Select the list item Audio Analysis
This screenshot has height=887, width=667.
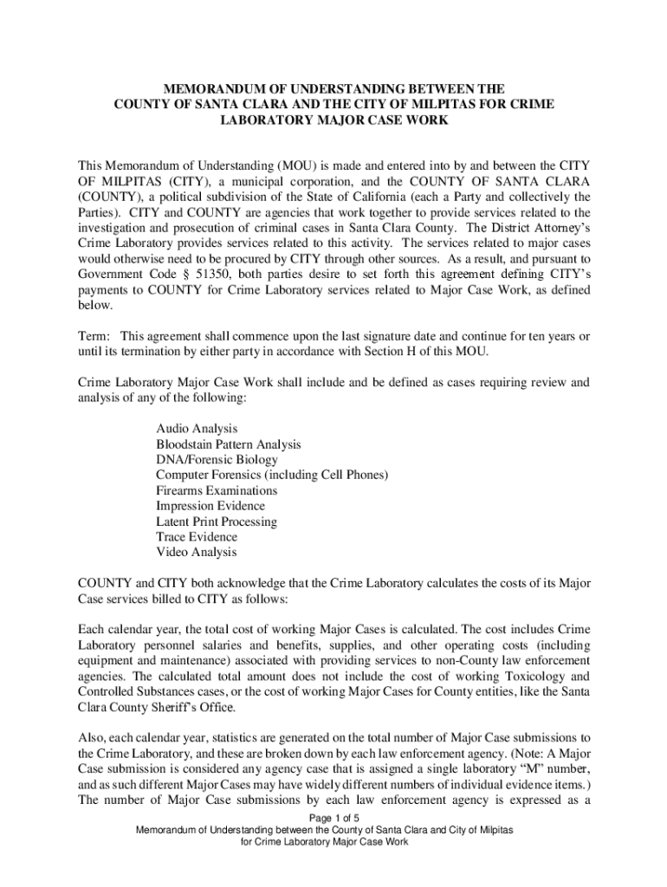pos(197,429)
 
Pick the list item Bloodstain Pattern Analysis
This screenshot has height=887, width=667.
pos(229,444)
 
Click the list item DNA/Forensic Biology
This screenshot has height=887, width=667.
pos(217,460)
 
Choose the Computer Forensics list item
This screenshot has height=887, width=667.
pos(272,476)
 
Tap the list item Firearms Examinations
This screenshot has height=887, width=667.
pos(217,490)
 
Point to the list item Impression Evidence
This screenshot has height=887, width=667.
pos(210,506)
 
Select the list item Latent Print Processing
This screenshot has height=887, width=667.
pos(217,521)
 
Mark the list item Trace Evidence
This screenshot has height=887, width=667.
pos(197,537)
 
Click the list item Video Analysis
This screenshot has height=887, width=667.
pos(196,553)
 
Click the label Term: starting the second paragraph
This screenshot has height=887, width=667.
pos(94,336)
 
